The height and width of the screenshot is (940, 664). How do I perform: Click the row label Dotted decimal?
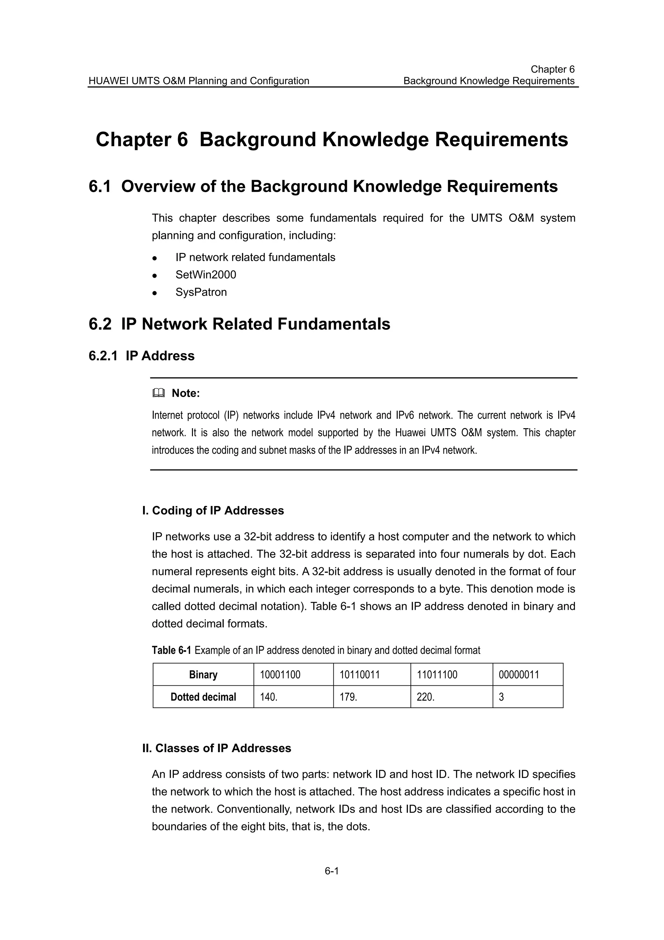click(203, 697)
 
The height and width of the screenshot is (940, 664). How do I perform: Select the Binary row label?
click(203, 675)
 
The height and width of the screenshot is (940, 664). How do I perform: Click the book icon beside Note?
click(158, 393)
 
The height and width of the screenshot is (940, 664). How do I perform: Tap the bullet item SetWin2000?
click(206, 275)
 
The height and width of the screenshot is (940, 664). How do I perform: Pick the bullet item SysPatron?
click(201, 292)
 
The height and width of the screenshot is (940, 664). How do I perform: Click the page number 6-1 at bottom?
click(331, 871)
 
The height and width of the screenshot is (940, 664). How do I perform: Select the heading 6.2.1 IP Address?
click(142, 356)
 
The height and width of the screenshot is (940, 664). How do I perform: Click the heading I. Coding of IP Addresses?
click(213, 511)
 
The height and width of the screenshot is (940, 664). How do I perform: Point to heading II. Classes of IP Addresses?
click(217, 748)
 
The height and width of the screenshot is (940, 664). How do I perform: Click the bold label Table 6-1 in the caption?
click(171, 650)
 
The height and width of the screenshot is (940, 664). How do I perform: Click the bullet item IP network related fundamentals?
click(255, 258)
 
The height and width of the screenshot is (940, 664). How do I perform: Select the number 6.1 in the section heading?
click(100, 187)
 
